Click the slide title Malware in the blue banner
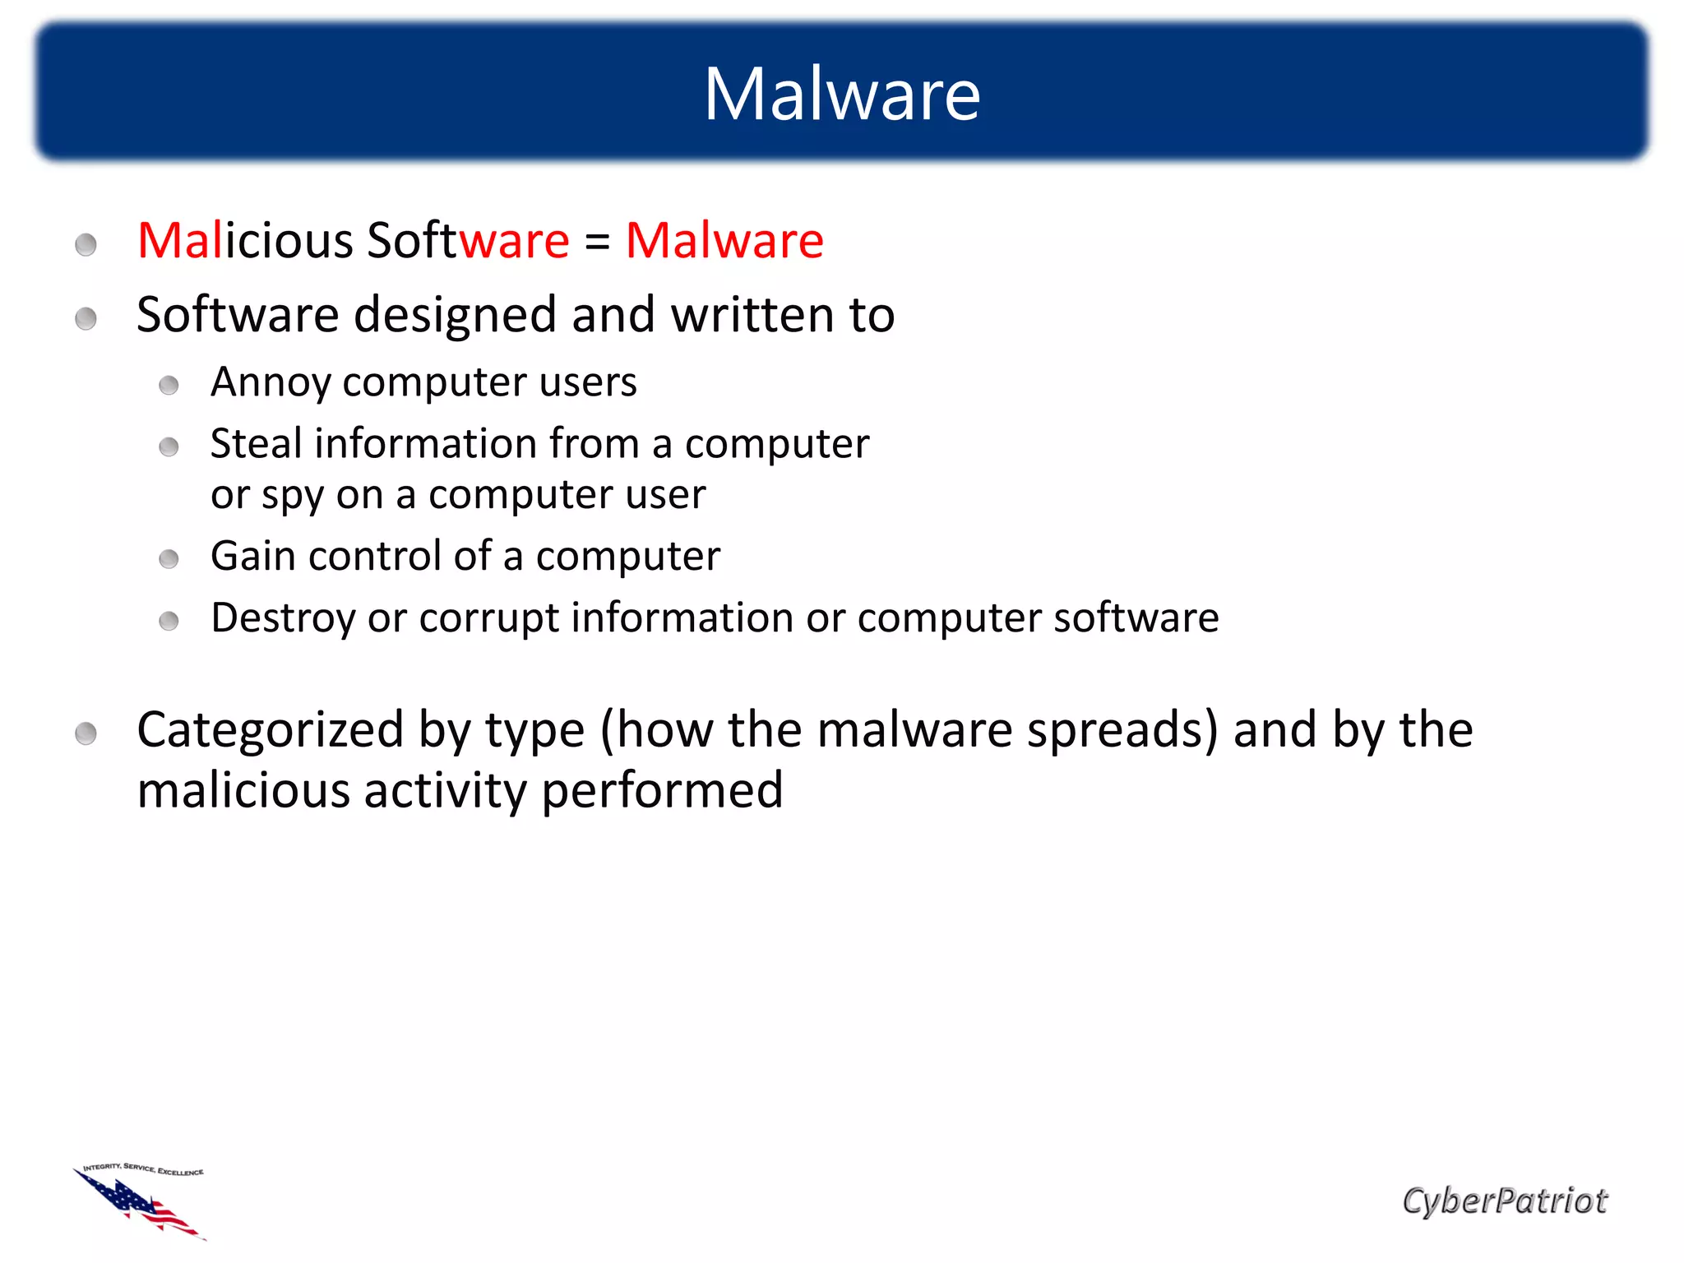click(x=842, y=95)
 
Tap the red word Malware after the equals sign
click(x=724, y=241)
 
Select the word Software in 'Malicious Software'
click(x=468, y=241)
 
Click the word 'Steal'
click(x=257, y=444)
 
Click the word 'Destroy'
click(x=283, y=618)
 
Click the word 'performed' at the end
click(x=662, y=791)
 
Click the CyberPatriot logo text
click(x=1504, y=1201)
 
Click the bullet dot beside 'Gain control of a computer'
click(x=169, y=559)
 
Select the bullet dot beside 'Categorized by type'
click(x=86, y=733)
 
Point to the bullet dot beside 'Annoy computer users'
click(x=169, y=385)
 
